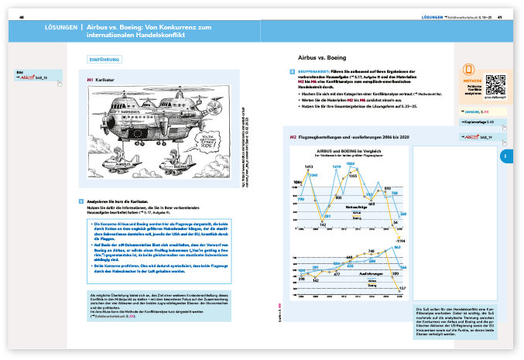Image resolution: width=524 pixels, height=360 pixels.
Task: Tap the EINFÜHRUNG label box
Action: (x=104, y=59)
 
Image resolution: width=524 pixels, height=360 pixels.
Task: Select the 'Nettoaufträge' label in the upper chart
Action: (x=357, y=207)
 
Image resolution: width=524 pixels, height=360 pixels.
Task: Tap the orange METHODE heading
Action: (x=471, y=79)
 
